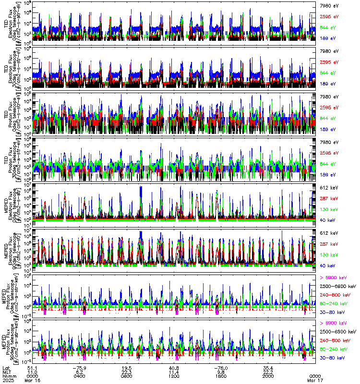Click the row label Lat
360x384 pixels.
[7, 368]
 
